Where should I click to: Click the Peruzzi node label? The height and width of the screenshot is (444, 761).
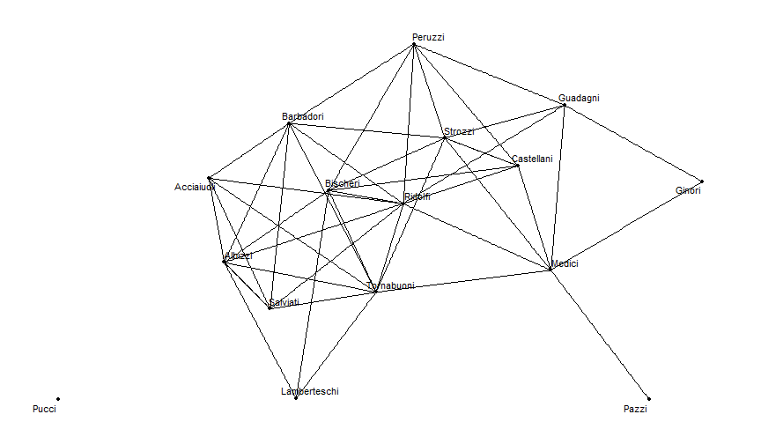point(428,38)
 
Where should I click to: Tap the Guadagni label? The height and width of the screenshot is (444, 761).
point(579,99)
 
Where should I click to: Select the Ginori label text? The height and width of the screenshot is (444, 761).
point(688,191)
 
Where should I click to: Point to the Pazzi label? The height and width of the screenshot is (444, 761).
point(635,410)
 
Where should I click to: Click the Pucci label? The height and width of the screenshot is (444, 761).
point(44,410)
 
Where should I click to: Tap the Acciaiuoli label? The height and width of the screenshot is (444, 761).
point(196,187)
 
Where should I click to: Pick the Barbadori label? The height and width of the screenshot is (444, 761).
point(303,116)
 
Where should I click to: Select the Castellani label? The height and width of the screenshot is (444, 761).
point(532,159)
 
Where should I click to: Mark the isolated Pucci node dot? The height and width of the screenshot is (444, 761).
point(58,398)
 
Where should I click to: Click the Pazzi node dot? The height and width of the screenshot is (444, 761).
point(649,398)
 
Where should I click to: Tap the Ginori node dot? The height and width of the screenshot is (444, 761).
point(702,181)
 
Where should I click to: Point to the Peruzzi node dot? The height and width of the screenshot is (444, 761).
point(414,44)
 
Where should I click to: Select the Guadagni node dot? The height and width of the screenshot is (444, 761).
point(565,106)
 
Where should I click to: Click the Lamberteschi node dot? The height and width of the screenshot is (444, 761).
point(296,398)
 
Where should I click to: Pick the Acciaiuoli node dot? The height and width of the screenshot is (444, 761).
point(209,178)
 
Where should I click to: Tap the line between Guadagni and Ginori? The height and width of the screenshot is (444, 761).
point(633,144)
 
